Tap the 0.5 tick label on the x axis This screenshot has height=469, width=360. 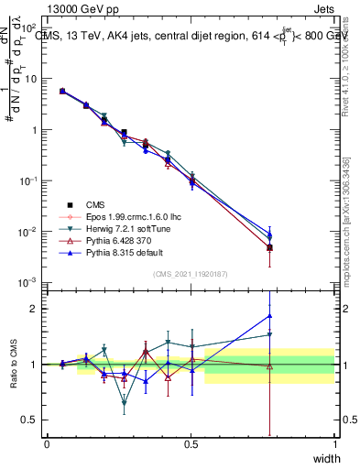tap(191, 444)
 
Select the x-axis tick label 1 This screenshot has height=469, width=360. tap(334, 444)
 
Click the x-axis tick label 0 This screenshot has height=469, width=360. tap(47, 444)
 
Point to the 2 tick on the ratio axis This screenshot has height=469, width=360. tap(34, 309)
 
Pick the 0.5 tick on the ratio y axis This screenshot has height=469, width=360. tap(30, 420)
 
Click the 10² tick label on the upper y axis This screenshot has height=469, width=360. tap(29, 27)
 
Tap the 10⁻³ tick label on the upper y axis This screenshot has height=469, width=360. tap(29, 282)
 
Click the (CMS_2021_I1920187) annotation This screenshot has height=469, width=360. tap(191, 273)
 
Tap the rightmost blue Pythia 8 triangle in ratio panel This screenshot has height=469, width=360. tap(269, 316)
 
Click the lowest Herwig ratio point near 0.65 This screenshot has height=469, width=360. tap(124, 402)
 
